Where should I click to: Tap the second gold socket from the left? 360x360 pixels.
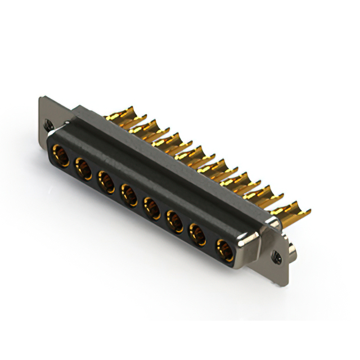point(83,168)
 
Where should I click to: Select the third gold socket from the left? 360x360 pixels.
point(106,181)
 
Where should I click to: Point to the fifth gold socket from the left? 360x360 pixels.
point(152,208)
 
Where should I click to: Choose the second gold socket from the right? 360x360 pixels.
point(199,233)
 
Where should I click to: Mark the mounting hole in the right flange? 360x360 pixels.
point(277,258)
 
